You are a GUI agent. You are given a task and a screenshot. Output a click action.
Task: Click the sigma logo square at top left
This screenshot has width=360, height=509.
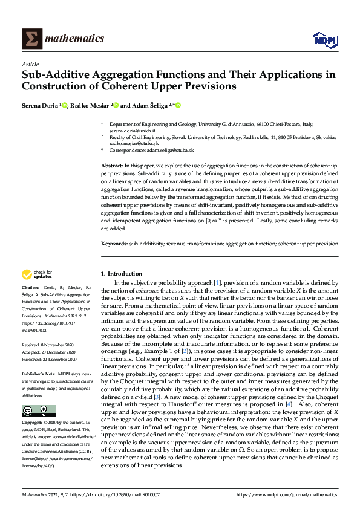[31, 38]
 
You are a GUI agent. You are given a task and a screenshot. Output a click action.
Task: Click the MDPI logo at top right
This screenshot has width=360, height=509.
[324, 40]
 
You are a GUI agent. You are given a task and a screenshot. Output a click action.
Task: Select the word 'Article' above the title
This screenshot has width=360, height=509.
[30, 65]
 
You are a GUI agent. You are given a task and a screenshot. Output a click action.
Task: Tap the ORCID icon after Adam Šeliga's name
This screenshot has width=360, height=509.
[178, 105]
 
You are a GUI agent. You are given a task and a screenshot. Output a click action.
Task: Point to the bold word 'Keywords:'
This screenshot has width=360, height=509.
[114, 244]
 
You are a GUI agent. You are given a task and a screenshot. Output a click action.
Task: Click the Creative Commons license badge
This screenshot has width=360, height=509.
[30, 411]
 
